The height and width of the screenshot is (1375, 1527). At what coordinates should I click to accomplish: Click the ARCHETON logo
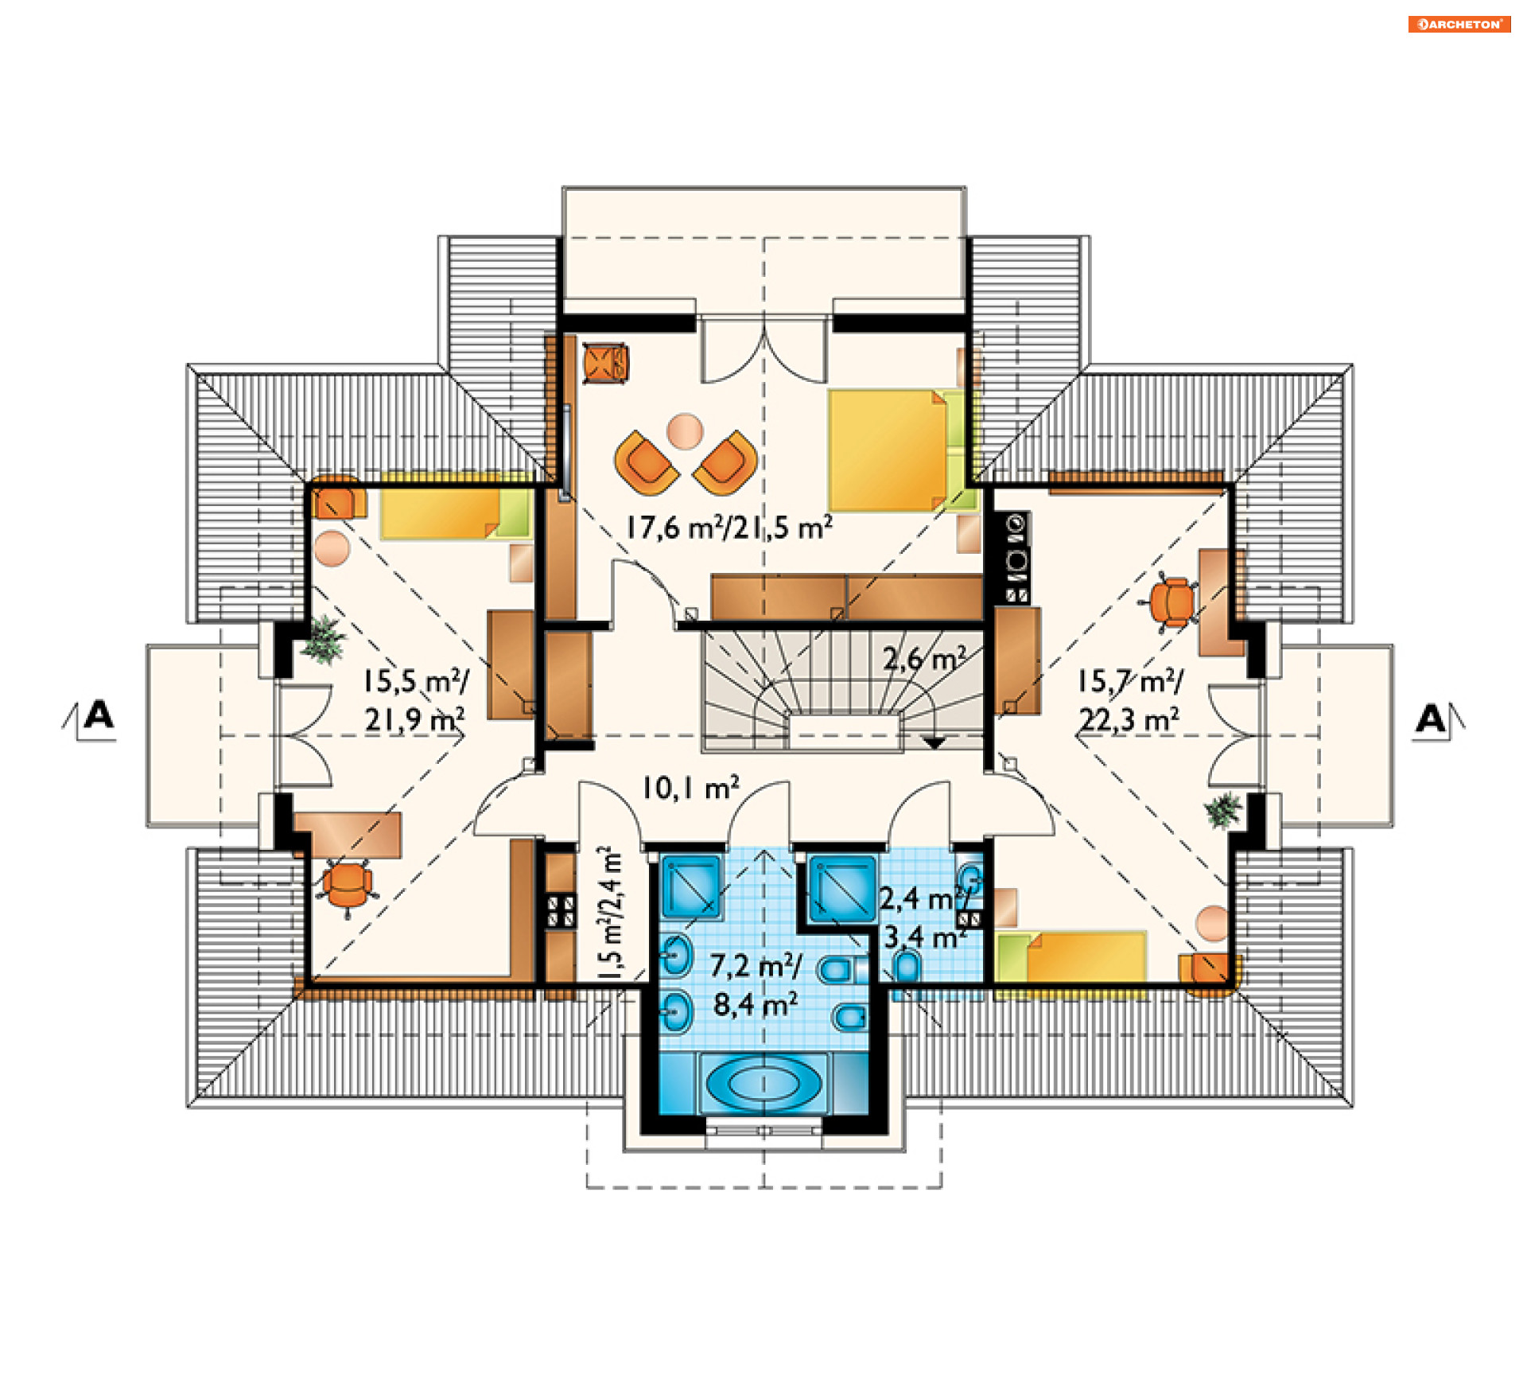1459,24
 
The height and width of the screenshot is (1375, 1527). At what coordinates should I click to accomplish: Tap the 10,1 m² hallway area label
690,788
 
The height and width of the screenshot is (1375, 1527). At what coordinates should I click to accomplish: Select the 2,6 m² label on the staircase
924,658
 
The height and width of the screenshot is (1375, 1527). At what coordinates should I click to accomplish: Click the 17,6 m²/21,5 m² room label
729,527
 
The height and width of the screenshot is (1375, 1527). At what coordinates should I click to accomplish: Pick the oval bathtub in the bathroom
763,1083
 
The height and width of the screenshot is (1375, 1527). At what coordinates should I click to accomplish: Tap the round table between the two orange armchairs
685,431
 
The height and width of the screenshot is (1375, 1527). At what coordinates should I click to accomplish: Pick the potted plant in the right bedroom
1222,810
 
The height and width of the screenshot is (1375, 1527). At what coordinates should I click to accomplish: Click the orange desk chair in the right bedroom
1172,602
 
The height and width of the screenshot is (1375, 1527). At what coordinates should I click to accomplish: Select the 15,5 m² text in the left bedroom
415,681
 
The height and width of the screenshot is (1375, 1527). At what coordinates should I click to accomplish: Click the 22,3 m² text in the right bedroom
1129,720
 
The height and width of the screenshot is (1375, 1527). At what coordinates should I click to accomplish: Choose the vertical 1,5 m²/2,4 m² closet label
610,913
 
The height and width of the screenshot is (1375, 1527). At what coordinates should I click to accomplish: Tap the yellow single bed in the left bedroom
456,514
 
